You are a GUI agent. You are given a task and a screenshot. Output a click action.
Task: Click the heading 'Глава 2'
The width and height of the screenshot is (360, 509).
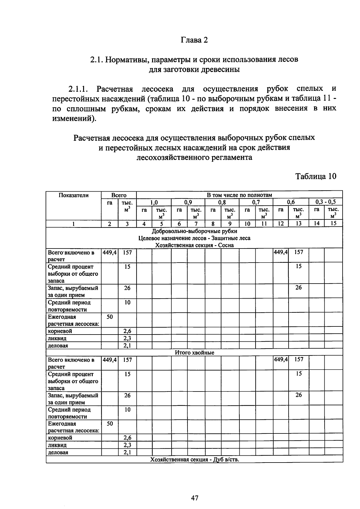[194, 40]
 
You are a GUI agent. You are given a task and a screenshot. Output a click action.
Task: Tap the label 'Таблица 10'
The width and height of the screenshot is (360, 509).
[316, 176]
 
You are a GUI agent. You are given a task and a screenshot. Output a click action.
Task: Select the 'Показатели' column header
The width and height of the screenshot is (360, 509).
[73, 195]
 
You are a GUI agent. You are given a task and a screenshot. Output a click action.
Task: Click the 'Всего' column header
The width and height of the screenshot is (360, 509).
[119, 195]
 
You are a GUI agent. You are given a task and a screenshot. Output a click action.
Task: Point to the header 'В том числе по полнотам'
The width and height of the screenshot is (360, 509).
[239, 195]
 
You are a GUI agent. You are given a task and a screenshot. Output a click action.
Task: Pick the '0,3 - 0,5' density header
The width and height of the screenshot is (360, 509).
[325, 202]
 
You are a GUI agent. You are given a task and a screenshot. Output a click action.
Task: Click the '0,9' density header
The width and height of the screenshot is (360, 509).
[188, 202]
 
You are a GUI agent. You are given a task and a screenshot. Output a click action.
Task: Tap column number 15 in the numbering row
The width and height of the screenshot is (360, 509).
[333, 224]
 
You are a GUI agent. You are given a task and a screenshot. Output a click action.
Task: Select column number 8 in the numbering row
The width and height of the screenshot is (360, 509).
[213, 224]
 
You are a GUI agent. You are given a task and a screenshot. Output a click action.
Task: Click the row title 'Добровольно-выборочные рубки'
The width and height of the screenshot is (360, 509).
[194, 231]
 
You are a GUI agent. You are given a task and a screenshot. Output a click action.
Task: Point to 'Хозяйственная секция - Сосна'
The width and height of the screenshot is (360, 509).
[194, 245]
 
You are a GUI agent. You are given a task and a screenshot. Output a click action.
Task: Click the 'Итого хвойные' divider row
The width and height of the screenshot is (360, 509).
[194, 353]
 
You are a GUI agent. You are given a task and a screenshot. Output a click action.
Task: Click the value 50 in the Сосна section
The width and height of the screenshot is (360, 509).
[110, 317]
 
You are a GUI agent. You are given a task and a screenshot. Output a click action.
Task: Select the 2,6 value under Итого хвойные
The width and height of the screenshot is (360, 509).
[127, 438]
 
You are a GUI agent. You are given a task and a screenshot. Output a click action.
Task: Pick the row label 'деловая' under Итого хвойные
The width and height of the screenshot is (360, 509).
[58, 453]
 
